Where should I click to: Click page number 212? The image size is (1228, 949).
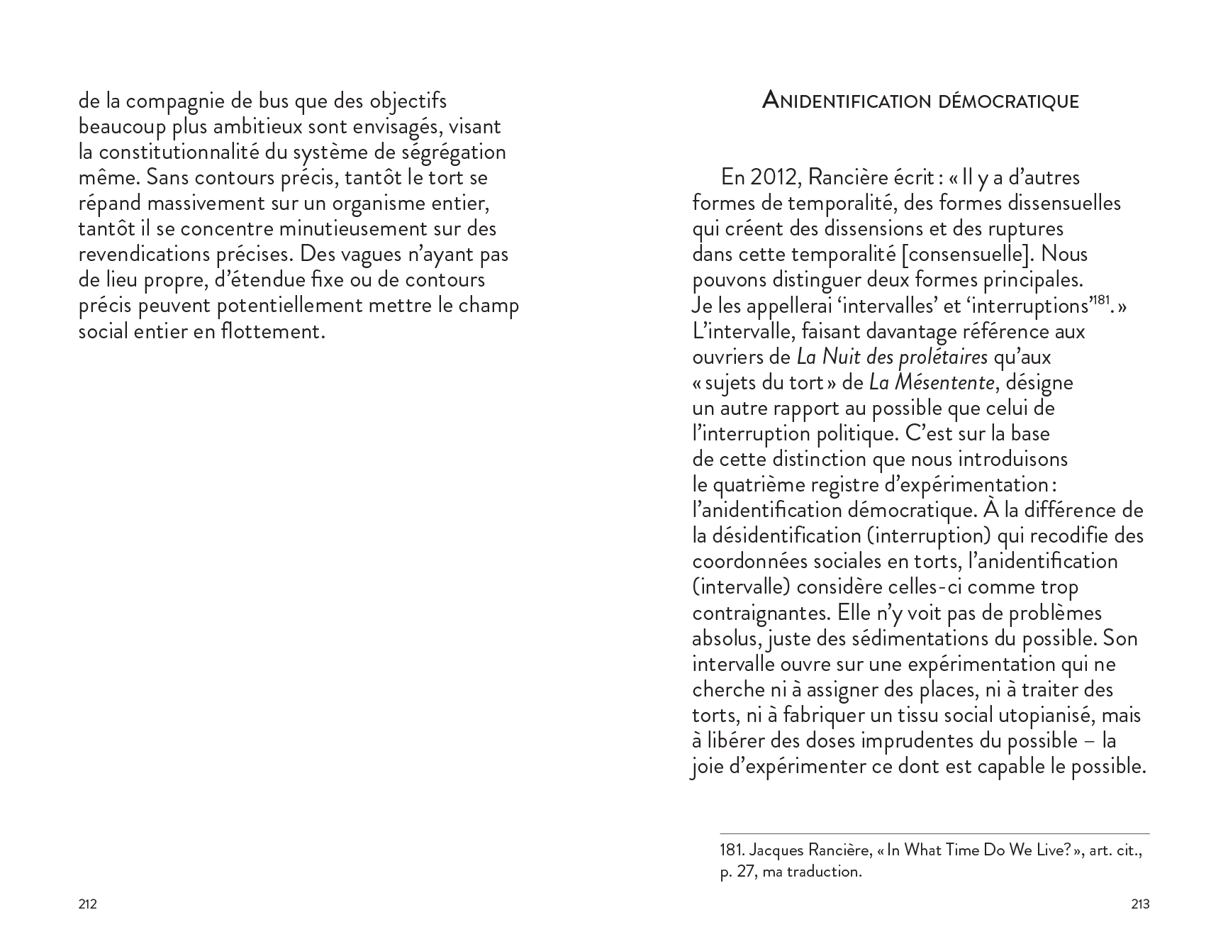pos(87,904)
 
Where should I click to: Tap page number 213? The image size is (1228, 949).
pos(1140,904)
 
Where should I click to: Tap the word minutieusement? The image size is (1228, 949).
pos(352,229)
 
